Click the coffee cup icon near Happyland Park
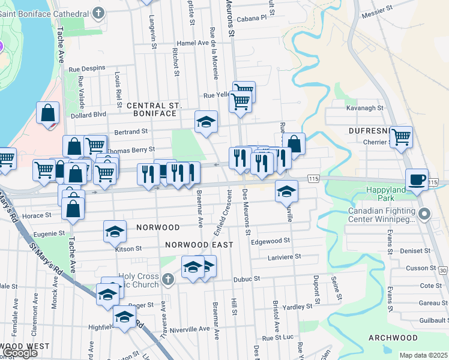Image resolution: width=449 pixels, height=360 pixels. (417, 179)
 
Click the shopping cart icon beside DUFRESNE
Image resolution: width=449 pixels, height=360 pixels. (400, 136)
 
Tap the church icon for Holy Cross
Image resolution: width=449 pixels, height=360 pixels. (168, 280)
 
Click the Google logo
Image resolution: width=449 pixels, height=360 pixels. (19, 353)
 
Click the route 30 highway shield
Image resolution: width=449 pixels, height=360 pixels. (443, 272)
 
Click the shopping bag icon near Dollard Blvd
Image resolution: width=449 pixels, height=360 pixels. (47, 113)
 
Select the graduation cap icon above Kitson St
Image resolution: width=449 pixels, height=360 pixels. (115, 232)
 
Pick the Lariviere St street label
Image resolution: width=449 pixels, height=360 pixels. (284, 256)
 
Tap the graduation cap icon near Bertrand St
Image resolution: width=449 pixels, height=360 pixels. (206, 121)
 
